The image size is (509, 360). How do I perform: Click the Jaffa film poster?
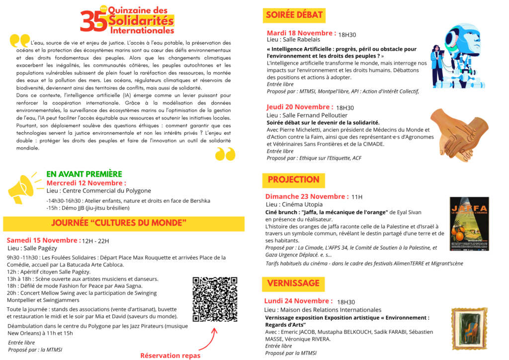point(469,223)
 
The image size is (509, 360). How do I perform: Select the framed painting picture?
point(469,328)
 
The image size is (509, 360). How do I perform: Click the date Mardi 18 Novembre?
point(301,33)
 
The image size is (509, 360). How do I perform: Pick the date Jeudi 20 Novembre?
point(300,107)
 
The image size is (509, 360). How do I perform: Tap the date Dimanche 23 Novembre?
point(307,196)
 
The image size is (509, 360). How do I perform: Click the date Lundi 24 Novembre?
point(299,301)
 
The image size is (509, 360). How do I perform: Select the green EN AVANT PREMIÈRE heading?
point(84,174)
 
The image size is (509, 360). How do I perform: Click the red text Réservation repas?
point(170,355)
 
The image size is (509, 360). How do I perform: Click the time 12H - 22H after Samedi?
point(95,241)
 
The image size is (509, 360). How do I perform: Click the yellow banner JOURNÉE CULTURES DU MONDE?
point(119,222)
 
